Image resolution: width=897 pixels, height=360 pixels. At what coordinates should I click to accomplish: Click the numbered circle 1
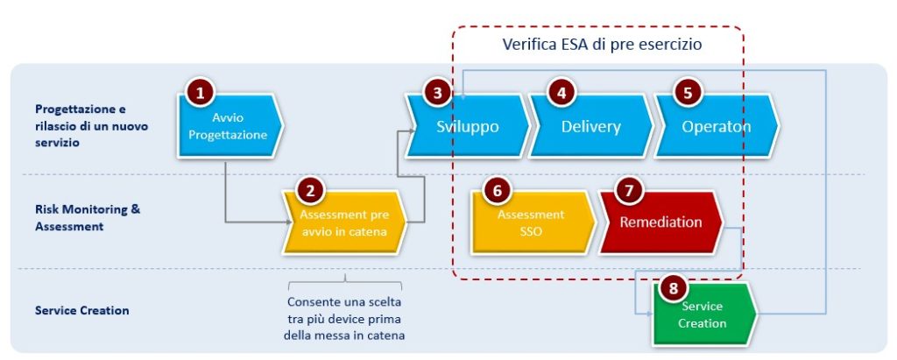pos(200,94)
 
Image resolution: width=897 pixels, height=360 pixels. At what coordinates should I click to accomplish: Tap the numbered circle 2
pos(310,191)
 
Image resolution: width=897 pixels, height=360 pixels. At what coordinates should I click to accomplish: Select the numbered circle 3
pos(437,94)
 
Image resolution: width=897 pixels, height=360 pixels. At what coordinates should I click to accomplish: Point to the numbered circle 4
pos(562,94)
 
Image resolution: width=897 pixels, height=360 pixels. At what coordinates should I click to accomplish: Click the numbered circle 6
pos(497,191)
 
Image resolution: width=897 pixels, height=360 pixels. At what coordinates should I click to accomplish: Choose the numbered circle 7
pos(629,191)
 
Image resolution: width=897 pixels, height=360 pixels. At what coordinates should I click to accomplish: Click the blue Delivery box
pos(591,126)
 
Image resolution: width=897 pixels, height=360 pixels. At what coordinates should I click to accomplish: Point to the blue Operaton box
pos(717,126)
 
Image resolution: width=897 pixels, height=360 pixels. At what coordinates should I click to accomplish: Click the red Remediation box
pos(660,222)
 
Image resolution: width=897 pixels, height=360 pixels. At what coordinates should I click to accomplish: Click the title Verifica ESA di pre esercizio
pos(602,45)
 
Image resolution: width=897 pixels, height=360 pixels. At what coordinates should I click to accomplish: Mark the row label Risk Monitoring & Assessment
pos(88,217)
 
